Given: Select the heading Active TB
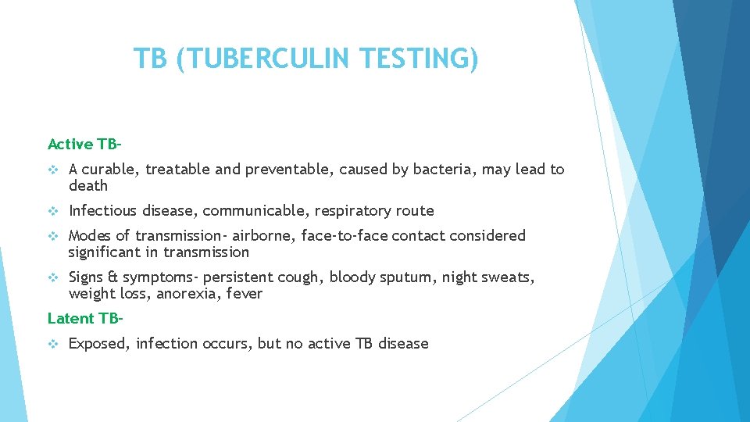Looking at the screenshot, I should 84,144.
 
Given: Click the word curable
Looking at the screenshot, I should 111,170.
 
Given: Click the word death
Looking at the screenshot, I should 88,186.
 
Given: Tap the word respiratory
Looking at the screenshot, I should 354,211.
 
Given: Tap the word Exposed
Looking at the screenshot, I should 98,344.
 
